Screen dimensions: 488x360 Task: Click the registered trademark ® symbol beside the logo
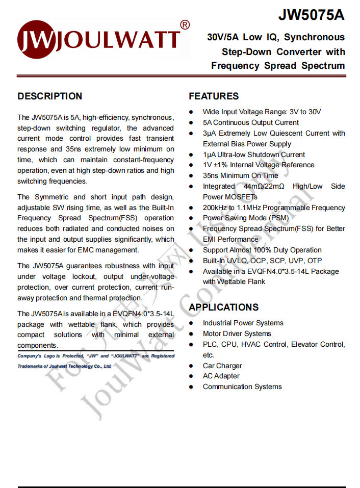coord(185,24)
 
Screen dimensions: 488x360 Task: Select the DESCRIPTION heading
coord(49,96)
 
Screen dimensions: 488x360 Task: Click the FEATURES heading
coord(214,96)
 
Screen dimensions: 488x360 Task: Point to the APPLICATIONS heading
coord(223,307)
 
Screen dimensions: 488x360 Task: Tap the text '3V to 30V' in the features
coord(305,112)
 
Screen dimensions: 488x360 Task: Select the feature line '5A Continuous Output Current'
coord(251,122)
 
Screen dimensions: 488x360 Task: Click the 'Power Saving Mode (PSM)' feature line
coord(246,218)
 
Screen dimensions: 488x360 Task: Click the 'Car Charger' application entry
coord(222,366)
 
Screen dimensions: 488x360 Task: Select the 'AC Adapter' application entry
coord(221,376)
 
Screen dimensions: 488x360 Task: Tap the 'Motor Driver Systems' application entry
coord(237,333)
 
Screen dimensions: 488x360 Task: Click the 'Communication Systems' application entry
coord(242,387)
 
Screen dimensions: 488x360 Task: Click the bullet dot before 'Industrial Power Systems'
coord(191,323)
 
